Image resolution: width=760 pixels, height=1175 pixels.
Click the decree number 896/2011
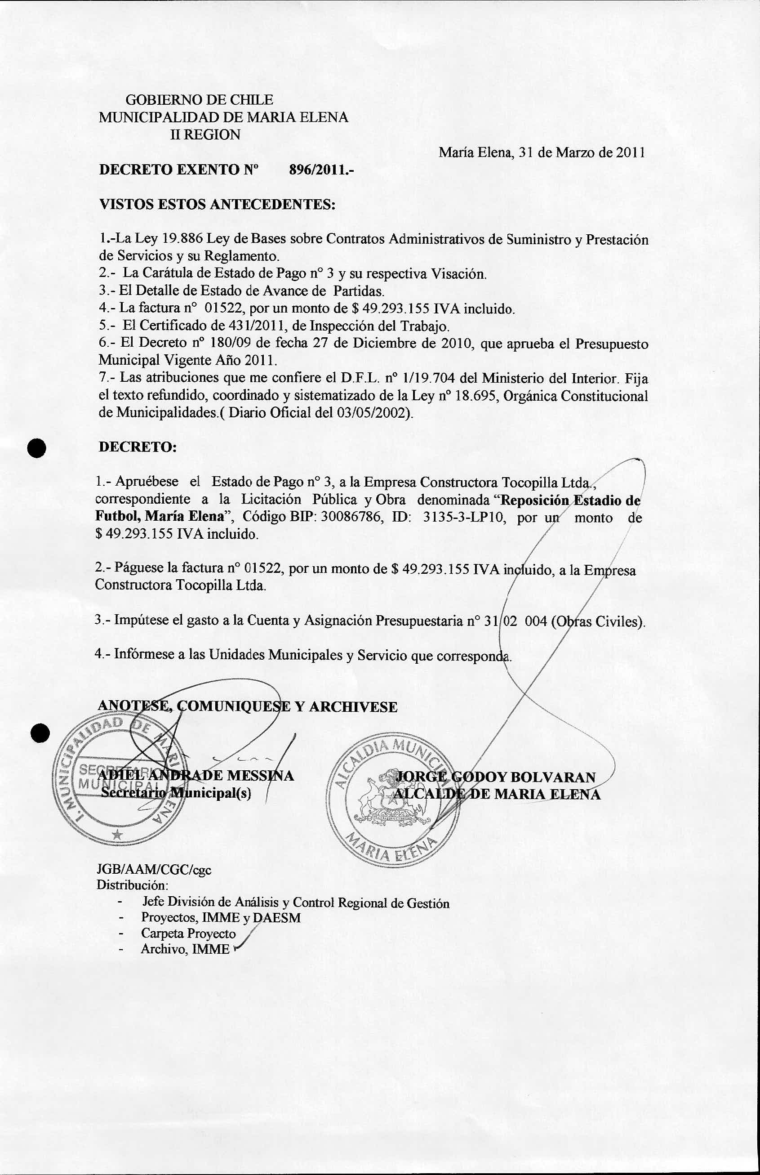click(321, 170)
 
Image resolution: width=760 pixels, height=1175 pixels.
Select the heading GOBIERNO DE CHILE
click(200, 100)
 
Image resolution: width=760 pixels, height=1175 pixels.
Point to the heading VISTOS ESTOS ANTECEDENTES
click(218, 205)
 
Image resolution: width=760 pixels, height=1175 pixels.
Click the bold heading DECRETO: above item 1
click(138, 447)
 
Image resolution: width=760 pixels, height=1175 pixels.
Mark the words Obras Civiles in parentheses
click(600, 621)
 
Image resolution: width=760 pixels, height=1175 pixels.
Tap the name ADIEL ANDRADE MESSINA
click(196, 775)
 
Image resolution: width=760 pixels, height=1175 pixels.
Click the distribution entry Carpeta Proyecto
click(188, 933)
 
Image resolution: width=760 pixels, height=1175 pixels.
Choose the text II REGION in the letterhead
click(205, 135)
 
